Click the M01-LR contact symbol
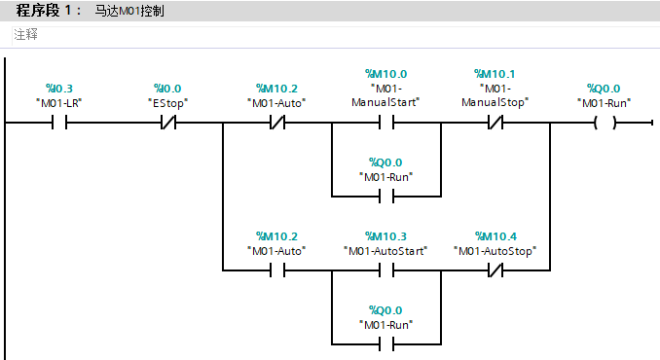click(59, 124)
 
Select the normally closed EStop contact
click(168, 124)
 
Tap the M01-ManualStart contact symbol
click(386, 124)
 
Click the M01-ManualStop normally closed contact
click(495, 124)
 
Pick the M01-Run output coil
click(605, 124)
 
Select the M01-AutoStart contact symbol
click(386, 271)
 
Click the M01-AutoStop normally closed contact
click(495, 271)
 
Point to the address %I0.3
click(59, 88)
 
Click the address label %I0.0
click(168, 88)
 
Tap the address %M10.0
click(386, 74)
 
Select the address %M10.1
click(495, 74)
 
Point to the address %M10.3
click(386, 236)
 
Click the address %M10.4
click(495, 236)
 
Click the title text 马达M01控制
click(129, 11)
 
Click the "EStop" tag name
click(168, 102)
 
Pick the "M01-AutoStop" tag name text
click(495, 251)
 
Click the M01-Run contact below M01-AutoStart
click(386, 343)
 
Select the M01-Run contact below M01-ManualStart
click(386, 197)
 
